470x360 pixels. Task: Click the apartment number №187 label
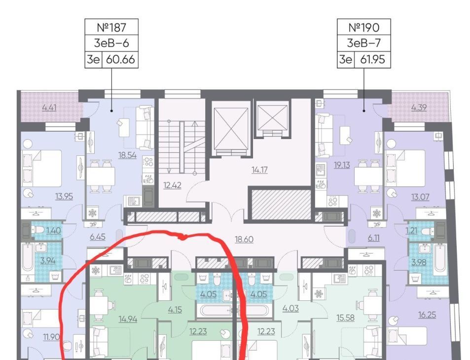(x=111, y=27)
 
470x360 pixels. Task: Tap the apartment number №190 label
(x=364, y=27)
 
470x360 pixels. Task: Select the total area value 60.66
(x=120, y=59)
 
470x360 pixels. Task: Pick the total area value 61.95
(x=372, y=59)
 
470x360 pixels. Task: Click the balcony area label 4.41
(x=49, y=108)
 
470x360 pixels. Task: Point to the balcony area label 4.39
(x=419, y=108)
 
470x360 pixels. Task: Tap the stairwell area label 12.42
(x=172, y=185)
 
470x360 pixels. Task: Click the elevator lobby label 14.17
(x=259, y=170)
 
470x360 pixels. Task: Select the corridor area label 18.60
(x=244, y=240)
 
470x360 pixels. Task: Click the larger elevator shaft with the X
(x=231, y=128)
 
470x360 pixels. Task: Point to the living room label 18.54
(x=127, y=155)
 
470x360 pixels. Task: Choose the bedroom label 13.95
(x=64, y=197)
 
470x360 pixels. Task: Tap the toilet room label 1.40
(x=54, y=230)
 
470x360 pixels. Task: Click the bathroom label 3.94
(x=48, y=261)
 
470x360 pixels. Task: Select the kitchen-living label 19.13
(x=342, y=165)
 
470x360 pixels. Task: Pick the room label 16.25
(x=427, y=315)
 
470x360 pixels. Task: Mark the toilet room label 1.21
(x=411, y=230)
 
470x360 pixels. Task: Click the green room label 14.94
(x=128, y=319)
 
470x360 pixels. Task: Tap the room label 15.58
(x=346, y=318)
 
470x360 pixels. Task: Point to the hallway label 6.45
(x=98, y=237)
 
